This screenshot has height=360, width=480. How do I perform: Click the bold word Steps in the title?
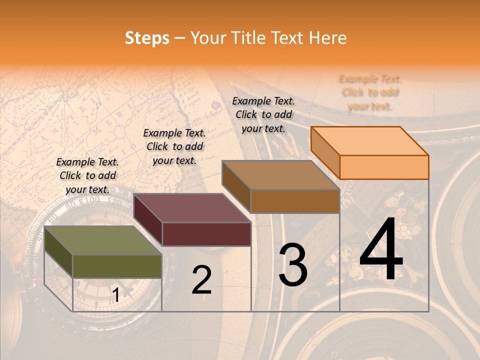[146, 38]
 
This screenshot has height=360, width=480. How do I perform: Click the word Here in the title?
[327, 38]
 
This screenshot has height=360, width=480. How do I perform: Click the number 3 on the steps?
[293, 265]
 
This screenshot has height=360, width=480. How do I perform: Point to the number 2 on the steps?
[202, 280]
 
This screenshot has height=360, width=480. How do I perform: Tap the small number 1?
[115, 295]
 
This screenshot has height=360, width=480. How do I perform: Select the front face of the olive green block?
[117, 266]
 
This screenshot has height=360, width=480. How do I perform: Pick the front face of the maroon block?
[206, 234]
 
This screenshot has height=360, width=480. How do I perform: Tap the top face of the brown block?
[280, 175]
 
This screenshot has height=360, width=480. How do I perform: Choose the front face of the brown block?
[295, 201]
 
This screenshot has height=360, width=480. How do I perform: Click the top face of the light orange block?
[369, 141]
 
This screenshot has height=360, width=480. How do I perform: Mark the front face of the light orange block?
[384, 167]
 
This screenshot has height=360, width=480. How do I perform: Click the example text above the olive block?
[87, 175]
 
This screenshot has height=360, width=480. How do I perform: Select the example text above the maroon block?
[174, 146]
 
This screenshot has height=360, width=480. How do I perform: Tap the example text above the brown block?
[263, 114]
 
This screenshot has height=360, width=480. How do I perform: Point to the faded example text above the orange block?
[370, 92]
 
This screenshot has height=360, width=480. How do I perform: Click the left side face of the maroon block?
[147, 220]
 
